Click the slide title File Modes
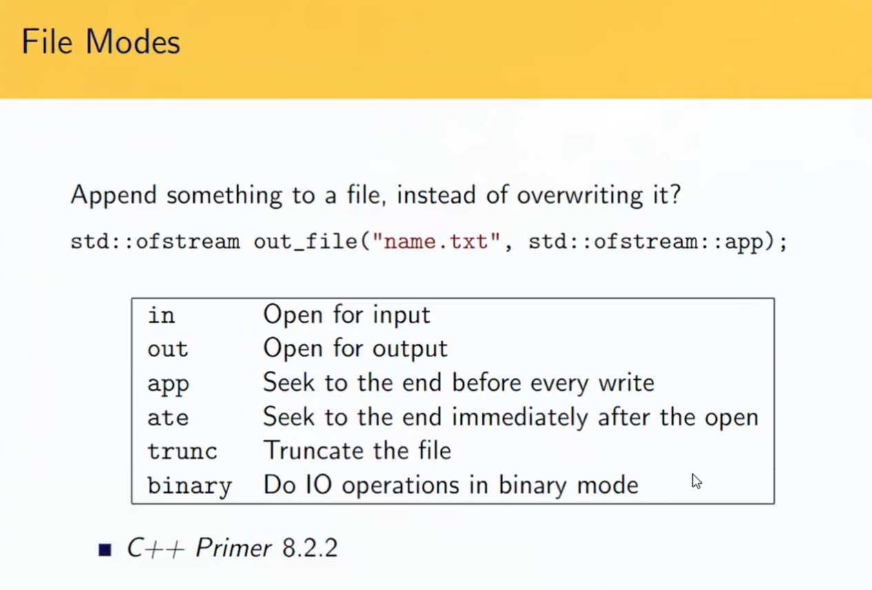(101, 41)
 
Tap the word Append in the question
(114, 195)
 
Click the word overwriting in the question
(580, 195)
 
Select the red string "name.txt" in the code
(436, 241)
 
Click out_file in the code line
(305, 242)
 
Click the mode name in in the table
(161, 315)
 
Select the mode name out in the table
(168, 349)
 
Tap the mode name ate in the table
(168, 418)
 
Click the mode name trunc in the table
(182, 451)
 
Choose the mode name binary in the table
(190, 486)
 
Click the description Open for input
(347, 314)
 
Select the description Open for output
(356, 348)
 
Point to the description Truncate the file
(357, 451)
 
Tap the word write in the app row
(627, 383)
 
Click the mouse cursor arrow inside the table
(696, 481)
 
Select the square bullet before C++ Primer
(105, 549)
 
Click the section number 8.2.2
(310, 548)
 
